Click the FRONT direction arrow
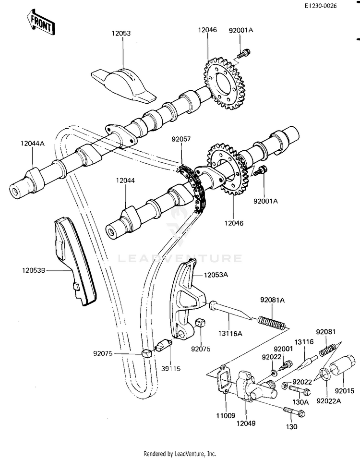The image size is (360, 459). point(37,22)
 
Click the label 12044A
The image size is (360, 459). point(32,143)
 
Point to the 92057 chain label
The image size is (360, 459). point(181,140)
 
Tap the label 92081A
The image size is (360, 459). point(273,300)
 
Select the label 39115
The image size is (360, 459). point(171,368)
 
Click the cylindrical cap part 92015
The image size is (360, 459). point(343,372)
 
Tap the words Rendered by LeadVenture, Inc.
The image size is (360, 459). point(180,453)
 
